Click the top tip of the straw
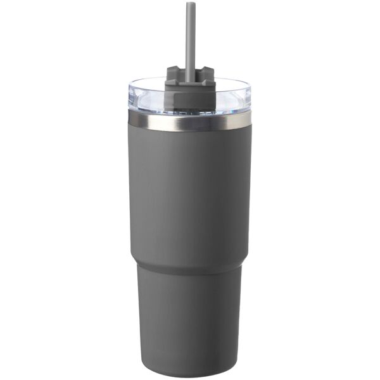click(190, 4)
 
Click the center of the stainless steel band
click(190, 120)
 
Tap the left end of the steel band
click(130, 119)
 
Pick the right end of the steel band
click(250, 119)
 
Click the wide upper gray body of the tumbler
click(190, 190)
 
